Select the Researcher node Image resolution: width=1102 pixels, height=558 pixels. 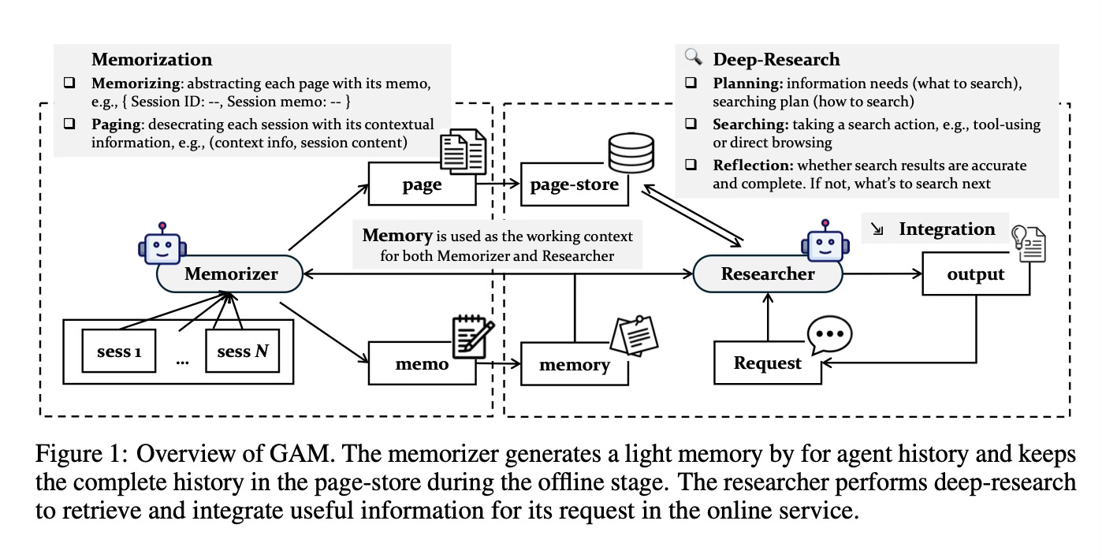(x=768, y=274)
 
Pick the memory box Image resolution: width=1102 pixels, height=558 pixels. (x=573, y=363)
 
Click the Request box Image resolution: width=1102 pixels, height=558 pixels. (x=767, y=363)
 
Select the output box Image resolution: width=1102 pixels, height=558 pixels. (x=975, y=274)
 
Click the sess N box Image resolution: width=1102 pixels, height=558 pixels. (x=242, y=351)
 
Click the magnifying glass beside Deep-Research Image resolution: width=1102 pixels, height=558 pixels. (x=694, y=57)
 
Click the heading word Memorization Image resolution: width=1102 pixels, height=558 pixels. (x=151, y=59)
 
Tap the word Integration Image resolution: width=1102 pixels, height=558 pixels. (x=947, y=229)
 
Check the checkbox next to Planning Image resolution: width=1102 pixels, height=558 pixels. (x=691, y=83)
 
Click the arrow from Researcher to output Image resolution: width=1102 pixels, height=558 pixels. (x=882, y=274)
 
